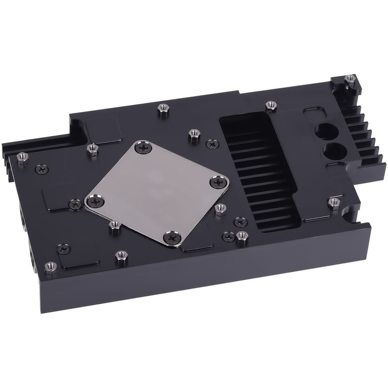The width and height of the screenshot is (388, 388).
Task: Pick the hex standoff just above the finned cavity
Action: point(269,105)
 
